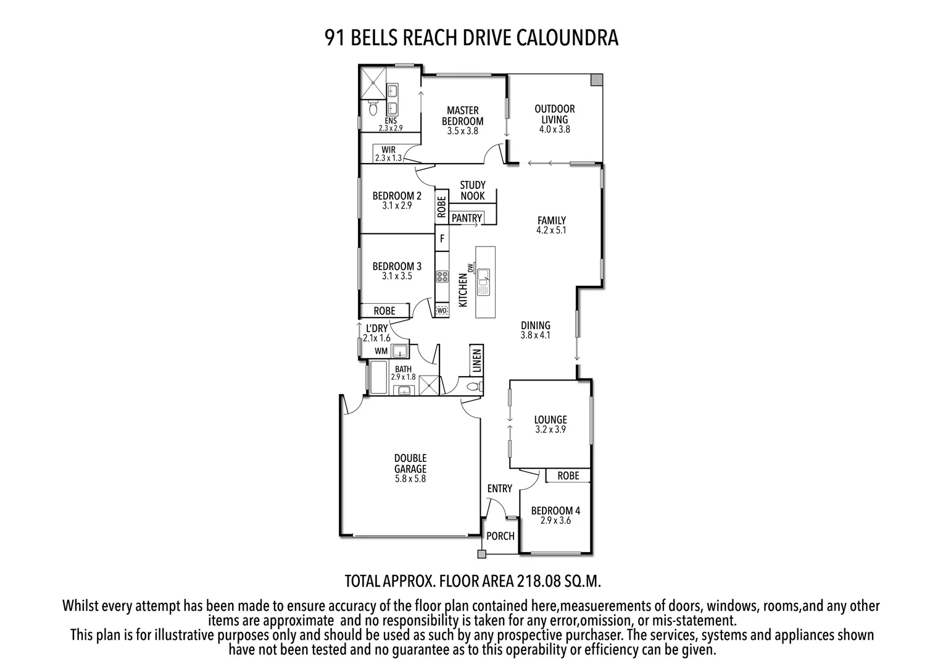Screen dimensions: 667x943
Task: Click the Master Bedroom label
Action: (462, 116)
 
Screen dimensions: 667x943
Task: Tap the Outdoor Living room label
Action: (554, 114)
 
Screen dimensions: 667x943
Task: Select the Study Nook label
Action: (473, 190)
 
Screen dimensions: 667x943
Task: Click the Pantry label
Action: (467, 218)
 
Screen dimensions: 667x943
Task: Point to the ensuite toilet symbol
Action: (372, 109)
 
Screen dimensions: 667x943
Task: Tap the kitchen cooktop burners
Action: (442, 277)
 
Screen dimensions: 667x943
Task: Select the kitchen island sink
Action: (483, 279)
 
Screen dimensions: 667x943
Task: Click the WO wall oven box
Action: (441, 310)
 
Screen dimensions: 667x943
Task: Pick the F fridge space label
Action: (442, 238)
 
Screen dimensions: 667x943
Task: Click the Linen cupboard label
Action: (476, 361)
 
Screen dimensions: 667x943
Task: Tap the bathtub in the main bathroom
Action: (377, 378)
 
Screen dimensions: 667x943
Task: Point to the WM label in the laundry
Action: (381, 351)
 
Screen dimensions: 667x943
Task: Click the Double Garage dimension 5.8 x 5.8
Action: (410, 478)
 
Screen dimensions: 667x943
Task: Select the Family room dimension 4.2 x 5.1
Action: (551, 230)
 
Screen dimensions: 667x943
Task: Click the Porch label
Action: (500, 536)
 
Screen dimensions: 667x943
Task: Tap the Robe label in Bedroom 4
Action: (568, 476)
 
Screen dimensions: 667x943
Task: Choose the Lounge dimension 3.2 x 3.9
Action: (550, 429)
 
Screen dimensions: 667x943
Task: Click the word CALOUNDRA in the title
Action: (567, 38)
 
